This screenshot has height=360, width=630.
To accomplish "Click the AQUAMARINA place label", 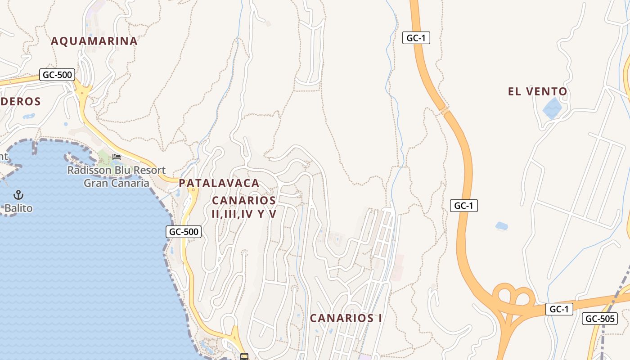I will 94,41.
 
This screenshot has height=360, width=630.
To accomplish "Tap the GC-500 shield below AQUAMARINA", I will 57,75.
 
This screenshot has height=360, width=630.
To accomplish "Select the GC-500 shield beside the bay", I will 183,232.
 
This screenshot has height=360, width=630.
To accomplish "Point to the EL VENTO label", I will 537,92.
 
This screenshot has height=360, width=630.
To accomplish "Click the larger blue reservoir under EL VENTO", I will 552,108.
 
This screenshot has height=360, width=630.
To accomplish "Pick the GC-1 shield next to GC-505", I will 559,309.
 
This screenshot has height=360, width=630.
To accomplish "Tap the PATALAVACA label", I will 219,183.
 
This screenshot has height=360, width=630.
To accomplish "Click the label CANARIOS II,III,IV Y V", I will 244,207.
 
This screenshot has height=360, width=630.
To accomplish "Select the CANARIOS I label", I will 346,318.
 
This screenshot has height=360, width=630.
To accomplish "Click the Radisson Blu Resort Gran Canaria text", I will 117,177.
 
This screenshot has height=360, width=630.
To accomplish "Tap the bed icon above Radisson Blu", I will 117,157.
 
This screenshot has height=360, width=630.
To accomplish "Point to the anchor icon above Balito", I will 18,195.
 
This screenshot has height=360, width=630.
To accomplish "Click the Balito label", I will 18,208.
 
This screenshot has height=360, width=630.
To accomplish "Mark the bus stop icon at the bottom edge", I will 244,357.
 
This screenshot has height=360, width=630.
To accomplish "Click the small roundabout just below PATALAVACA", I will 193,190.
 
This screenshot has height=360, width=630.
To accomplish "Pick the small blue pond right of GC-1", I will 501,225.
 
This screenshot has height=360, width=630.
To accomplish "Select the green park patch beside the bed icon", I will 104,158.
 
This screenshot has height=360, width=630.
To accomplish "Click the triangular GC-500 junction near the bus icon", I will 234,335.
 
